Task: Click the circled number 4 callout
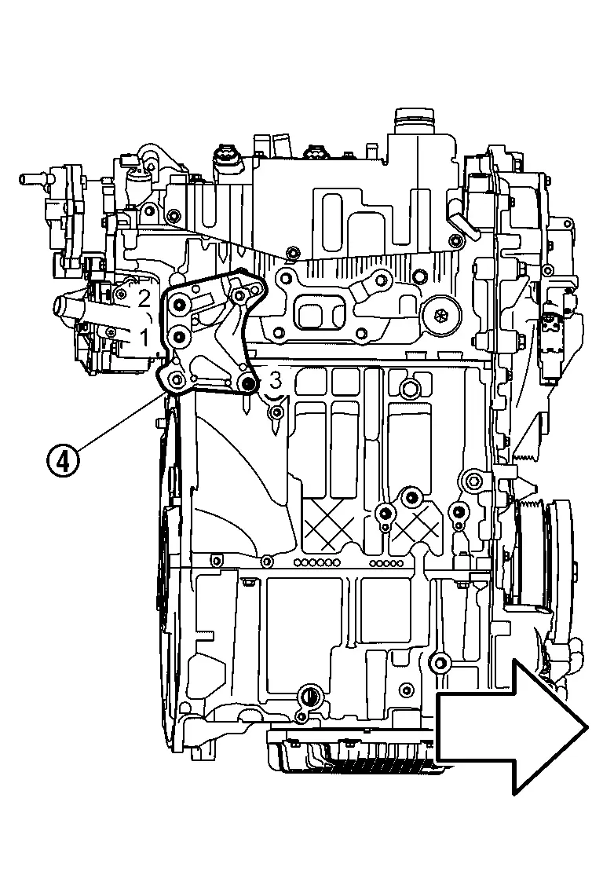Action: point(64,459)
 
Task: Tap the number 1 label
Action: point(144,338)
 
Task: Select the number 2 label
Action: point(144,298)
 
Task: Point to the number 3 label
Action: point(274,381)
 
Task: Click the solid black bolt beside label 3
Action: point(248,383)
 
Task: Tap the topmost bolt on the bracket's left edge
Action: point(179,305)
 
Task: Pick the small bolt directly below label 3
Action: point(276,412)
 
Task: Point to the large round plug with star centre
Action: point(440,315)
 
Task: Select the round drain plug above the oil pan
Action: point(310,695)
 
